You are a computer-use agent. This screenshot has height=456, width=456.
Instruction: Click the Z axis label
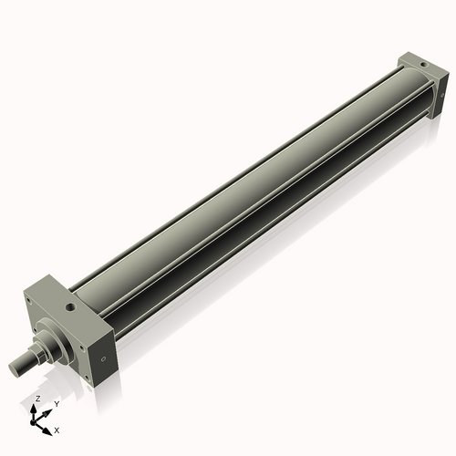pyautogui.click(x=36, y=399)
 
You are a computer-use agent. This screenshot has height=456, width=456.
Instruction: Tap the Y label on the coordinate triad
pyautogui.click(x=57, y=403)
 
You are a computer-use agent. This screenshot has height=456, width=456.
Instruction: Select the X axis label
pyautogui.click(x=57, y=429)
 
